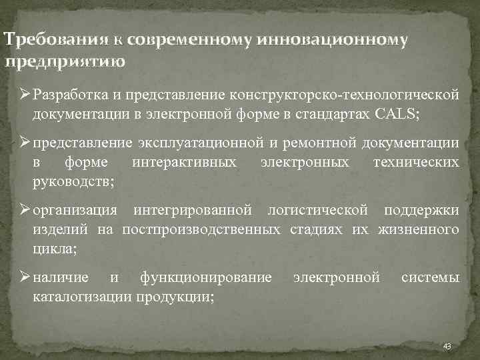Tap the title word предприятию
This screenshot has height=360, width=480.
click(64, 63)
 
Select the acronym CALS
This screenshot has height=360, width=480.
click(396, 113)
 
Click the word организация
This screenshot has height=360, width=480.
click(75, 211)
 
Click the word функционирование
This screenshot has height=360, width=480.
click(205, 277)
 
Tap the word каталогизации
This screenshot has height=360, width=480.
click(78, 297)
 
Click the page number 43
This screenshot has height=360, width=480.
click(447, 346)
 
